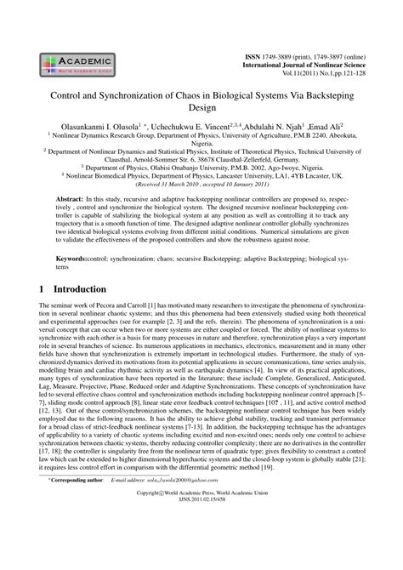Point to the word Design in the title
pos(201,111)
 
